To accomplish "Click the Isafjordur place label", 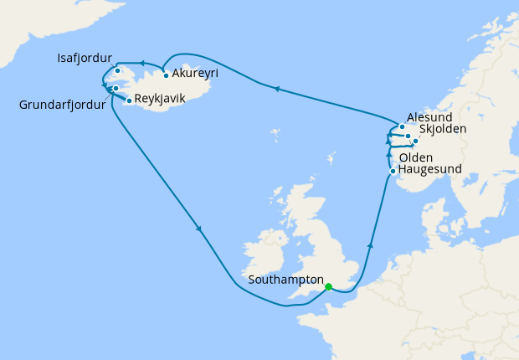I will pos(85,59).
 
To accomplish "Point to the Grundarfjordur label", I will pos(63,105).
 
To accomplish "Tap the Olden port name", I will pos(416,157).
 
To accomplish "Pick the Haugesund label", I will pos(430,169).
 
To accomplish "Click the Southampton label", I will pos(286,279).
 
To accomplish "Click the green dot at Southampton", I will pos(328,286).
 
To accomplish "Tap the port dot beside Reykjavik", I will pos(128,100).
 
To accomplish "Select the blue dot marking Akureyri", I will pos(167,75).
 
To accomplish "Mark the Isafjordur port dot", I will pos(118,70).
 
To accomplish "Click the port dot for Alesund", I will pos(402,127).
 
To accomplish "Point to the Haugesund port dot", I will pos(393,172).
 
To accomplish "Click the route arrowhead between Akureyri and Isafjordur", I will pos(142,63).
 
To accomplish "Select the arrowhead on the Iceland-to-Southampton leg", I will pos(199,229).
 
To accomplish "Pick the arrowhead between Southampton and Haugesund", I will pos(369,246).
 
